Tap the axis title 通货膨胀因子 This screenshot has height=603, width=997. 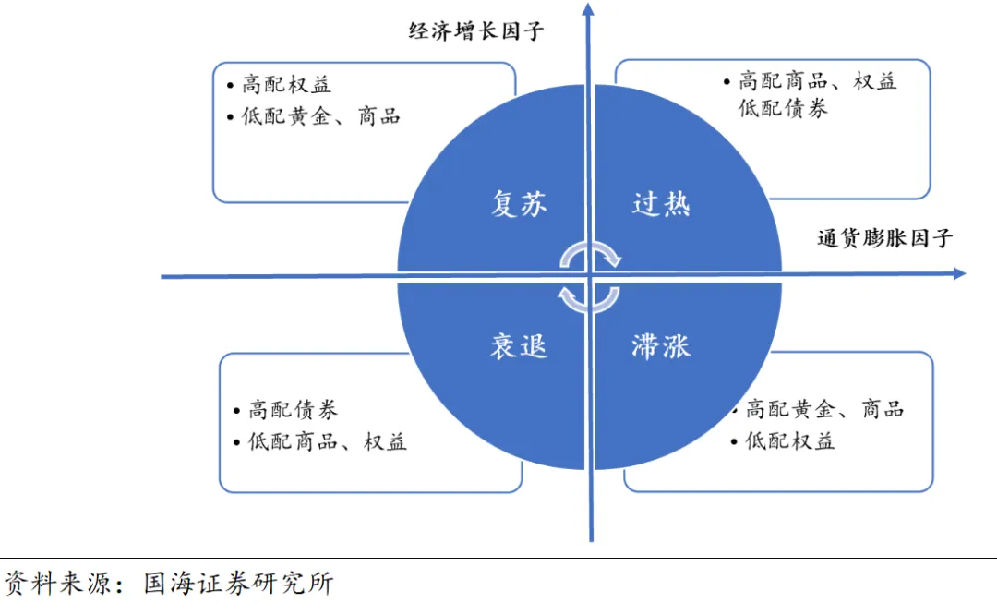[x=884, y=238]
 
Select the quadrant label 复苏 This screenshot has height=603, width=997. [x=519, y=204]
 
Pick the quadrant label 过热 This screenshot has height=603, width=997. [x=661, y=204]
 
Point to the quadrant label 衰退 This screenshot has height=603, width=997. [x=519, y=345]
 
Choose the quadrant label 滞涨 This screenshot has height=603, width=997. [x=661, y=346]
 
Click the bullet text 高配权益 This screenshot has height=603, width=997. [x=286, y=85]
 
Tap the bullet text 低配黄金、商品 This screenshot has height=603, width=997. [x=321, y=116]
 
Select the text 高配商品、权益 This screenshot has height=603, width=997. [x=817, y=81]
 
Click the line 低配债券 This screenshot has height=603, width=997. [x=783, y=108]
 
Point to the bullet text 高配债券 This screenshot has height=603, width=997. [x=293, y=410]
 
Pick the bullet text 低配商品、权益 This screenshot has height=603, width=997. [x=327, y=441]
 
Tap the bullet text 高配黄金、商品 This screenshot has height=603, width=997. [x=824, y=409]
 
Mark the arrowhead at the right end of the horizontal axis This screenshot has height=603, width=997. [x=959, y=273]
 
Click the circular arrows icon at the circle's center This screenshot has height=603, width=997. [x=590, y=274]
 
